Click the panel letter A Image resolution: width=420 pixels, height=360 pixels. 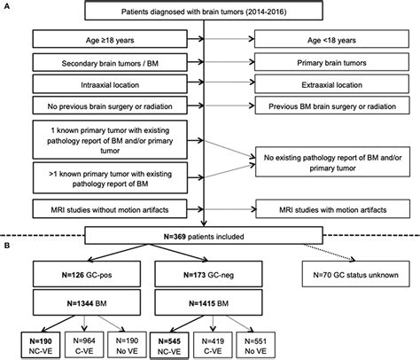[x=6, y=6]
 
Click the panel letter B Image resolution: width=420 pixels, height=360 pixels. [x=6, y=246]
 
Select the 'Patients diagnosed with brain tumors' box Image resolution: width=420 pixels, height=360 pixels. [x=204, y=12]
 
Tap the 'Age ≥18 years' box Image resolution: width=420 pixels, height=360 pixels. [x=110, y=39]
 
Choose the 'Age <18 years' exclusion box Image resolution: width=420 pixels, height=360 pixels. [x=331, y=39]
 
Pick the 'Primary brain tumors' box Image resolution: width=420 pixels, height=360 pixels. [x=331, y=62]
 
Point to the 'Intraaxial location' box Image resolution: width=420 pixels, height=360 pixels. [x=110, y=84]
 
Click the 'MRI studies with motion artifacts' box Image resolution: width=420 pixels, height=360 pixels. [x=333, y=209]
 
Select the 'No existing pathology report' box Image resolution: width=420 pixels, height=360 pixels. [x=333, y=162]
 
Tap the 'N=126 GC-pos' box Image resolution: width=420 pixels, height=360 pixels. [x=87, y=274]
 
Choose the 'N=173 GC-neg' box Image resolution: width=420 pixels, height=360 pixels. [x=208, y=274]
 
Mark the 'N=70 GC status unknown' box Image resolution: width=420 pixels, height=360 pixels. [x=356, y=274]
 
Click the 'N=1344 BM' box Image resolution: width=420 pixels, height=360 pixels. [x=87, y=302]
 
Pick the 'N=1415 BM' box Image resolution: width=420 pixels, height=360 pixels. [x=208, y=302]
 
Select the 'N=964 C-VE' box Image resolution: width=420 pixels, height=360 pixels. [x=84, y=345]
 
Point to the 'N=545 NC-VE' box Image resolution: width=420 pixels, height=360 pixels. [x=169, y=346]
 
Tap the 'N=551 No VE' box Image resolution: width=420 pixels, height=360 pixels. [x=256, y=345]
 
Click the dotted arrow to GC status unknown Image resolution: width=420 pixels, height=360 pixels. [x=329, y=253]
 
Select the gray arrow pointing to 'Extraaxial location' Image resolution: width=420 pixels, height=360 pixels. [x=229, y=84]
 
